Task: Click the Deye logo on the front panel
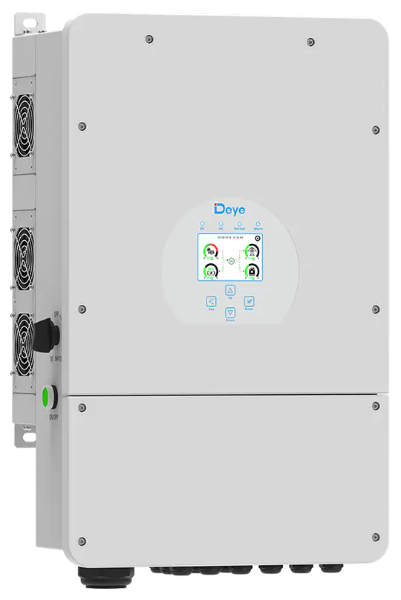(x=231, y=207)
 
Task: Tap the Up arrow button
(x=230, y=291)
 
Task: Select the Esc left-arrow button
(x=211, y=302)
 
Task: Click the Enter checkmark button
(x=250, y=301)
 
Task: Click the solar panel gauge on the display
(x=210, y=251)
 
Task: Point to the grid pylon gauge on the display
(x=252, y=251)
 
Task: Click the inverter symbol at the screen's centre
(x=230, y=260)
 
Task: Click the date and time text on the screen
(x=226, y=237)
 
